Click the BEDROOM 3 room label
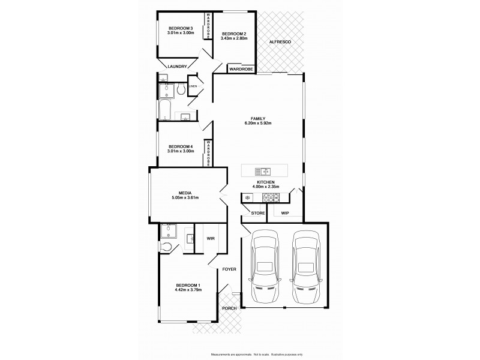(180, 29)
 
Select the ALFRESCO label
(280, 42)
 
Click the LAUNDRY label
(177, 67)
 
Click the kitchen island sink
(262, 171)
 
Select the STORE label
(258, 213)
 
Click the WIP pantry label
(285, 213)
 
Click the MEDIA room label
(185, 193)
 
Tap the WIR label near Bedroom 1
(211, 238)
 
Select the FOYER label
(230, 269)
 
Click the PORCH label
(229, 308)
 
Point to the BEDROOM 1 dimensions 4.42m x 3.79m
(188, 290)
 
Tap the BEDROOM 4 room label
(180, 147)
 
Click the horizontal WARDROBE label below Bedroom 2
(242, 70)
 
